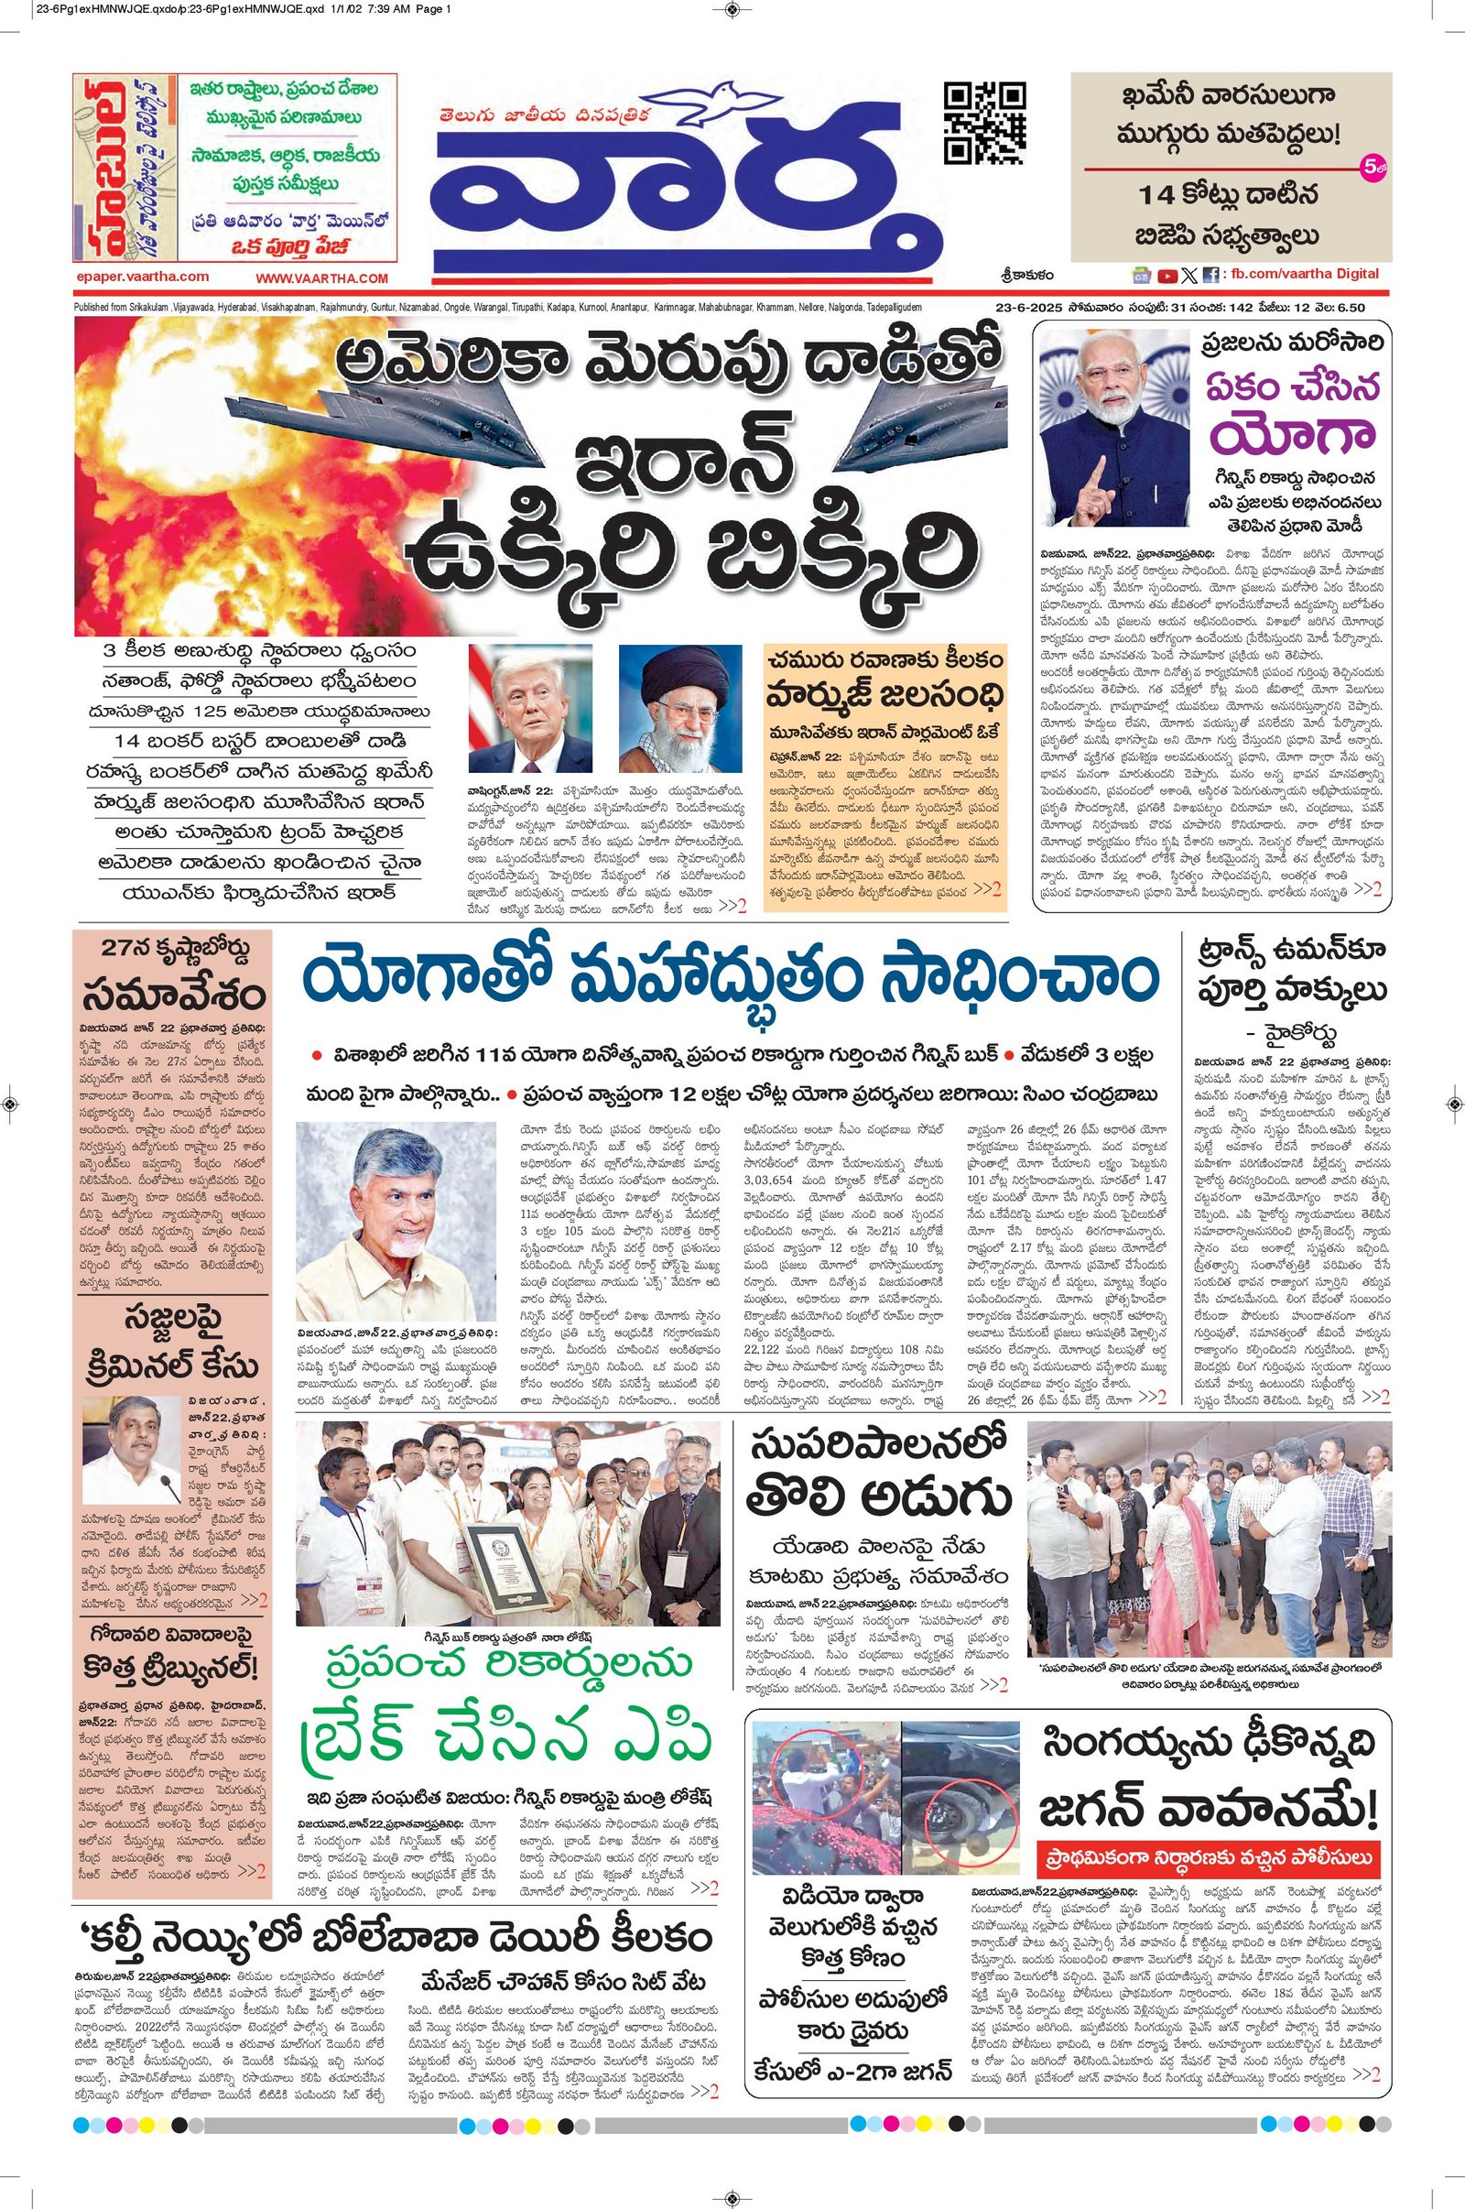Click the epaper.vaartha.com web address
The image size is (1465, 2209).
click(x=142, y=277)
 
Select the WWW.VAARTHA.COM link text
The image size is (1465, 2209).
click(x=321, y=277)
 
